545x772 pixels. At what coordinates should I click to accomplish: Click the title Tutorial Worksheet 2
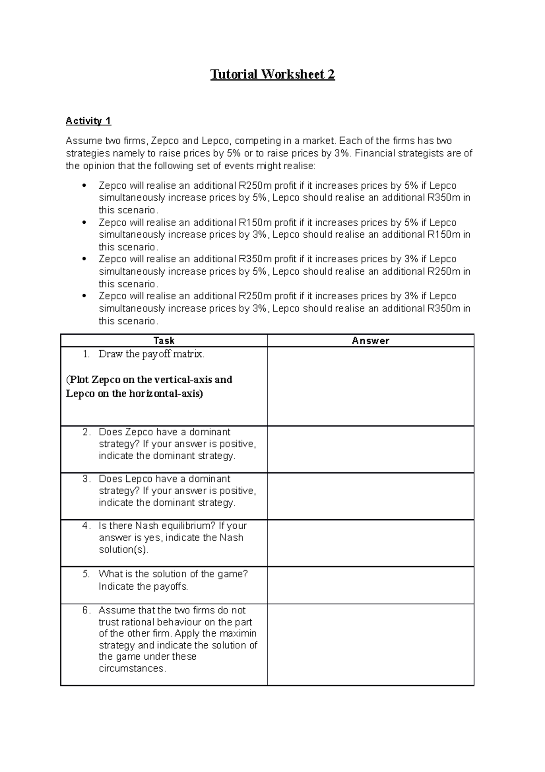272,75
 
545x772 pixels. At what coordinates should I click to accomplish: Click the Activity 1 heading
88,121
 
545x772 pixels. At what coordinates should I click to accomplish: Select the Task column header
164,341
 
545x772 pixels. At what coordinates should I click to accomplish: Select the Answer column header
371,341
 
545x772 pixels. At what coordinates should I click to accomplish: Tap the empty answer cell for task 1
371,386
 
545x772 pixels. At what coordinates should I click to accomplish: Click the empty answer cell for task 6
371,644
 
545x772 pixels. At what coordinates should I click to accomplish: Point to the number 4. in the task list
87,526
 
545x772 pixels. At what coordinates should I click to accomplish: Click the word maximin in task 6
238,633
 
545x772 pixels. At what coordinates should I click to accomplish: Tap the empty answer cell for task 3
371,496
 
